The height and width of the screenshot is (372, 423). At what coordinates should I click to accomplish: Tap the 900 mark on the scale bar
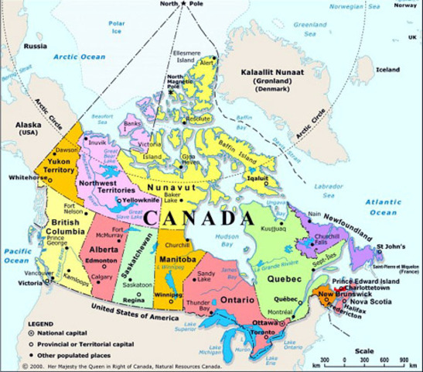(x=403, y=360)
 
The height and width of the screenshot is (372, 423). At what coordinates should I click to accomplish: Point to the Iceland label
(x=388, y=69)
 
